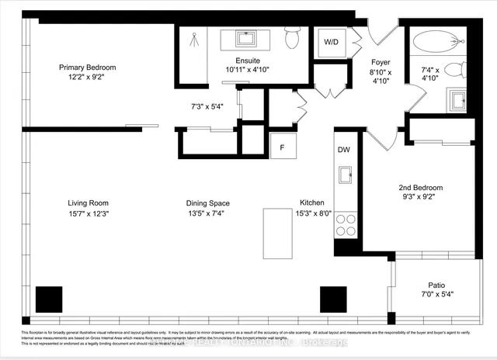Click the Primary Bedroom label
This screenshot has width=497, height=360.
pyautogui.click(x=87, y=67)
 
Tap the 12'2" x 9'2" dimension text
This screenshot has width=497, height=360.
pyautogui.click(x=87, y=78)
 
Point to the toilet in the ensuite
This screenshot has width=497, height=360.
pyautogui.click(x=292, y=37)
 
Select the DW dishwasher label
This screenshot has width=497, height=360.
pyautogui.click(x=344, y=149)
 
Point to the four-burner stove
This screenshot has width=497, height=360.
pyautogui.click(x=345, y=225)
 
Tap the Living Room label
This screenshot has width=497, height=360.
pyautogui.click(x=87, y=203)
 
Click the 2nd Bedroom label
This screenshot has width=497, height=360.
pyautogui.click(x=420, y=188)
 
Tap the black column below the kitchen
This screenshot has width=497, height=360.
pyautogui.click(x=333, y=299)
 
